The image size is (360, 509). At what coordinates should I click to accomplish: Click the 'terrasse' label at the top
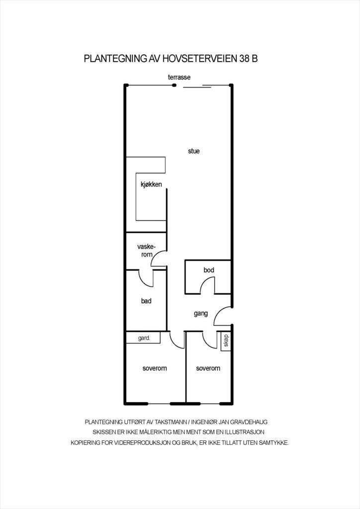click(179, 77)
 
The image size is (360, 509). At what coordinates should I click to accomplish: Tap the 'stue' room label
click(194, 151)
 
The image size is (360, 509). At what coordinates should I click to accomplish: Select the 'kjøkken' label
click(151, 185)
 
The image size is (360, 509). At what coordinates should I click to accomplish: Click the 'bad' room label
click(146, 301)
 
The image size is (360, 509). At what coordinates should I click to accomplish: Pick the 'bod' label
click(209, 270)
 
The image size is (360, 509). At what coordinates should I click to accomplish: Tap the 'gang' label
click(201, 314)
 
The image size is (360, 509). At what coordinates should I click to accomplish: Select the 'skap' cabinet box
click(225, 341)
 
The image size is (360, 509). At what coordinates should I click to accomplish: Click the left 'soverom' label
click(154, 368)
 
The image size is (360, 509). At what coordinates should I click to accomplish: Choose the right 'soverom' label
click(208, 368)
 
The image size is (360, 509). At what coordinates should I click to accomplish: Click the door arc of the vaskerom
click(159, 258)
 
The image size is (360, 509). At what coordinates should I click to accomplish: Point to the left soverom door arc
click(177, 341)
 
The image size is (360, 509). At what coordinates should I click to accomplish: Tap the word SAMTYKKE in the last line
click(272, 442)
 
